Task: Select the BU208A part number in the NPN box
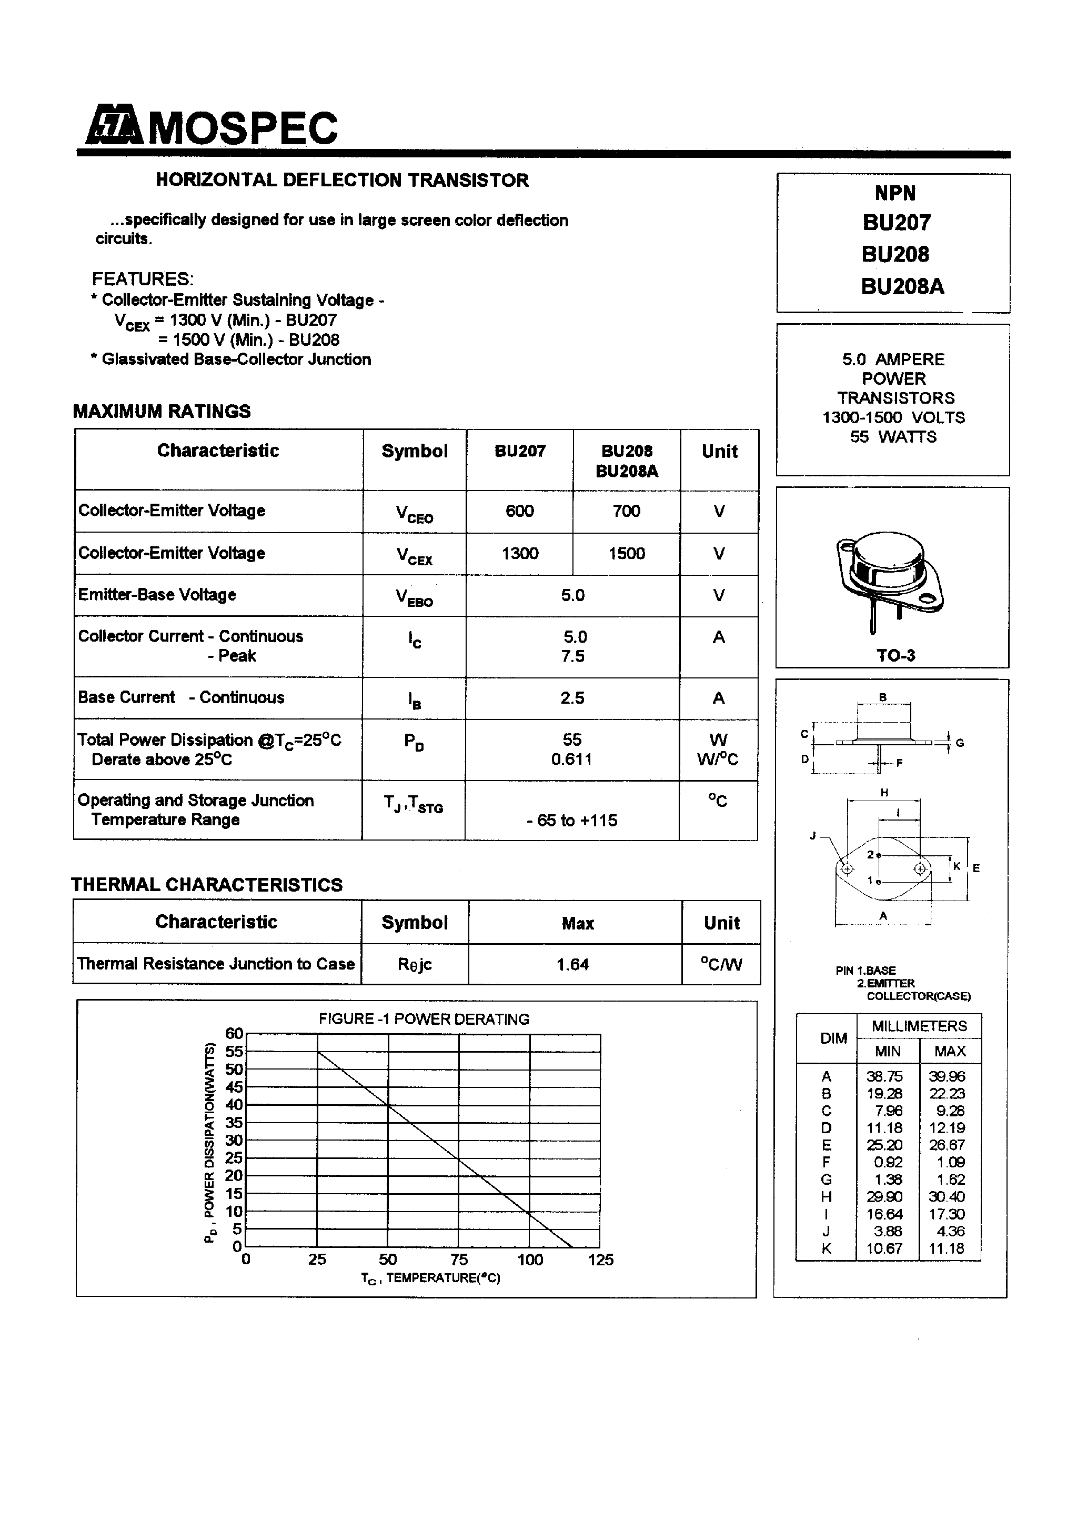pyautogui.click(x=902, y=287)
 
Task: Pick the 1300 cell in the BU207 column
pyautogui.click(x=519, y=554)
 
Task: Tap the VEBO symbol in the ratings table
pyautogui.click(x=414, y=596)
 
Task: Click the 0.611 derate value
pyautogui.click(x=571, y=759)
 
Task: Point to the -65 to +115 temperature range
pyautogui.click(x=571, y=821)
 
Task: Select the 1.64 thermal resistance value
pyautogui.click(x=572, y=965)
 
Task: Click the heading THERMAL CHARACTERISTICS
pyautogui.click(x=207, y=885)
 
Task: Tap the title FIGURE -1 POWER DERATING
pyautogui.click(x=424, y=1019)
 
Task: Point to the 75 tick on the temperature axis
pyautogui.click(x=459, y=1260)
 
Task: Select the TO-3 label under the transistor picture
pyautogui.click(x=896, y=656)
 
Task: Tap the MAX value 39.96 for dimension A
pyautogui.click(x=947, y=1076)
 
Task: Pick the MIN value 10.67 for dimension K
pyautogui.click(x=884, y=1248)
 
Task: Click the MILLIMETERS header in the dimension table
pyautogui.click(x=919, y=1026)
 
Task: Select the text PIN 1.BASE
pyautogui.click(x=865, y=970)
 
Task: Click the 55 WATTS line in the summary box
pyautogui.click(x=893, y=437)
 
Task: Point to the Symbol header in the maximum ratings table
pyautogui.click(x=414, y=451)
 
